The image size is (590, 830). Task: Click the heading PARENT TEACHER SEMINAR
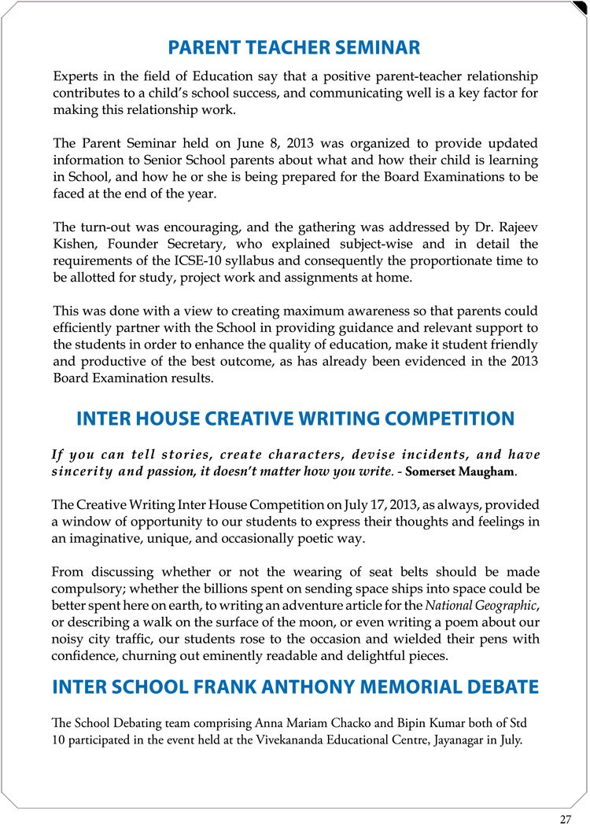pyautogui.click(x=294, y=48)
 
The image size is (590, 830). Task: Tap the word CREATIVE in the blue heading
pyautogui.click(x=245, y=419)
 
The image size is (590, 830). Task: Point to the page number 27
pyautogui.click(x=565, y=819)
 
